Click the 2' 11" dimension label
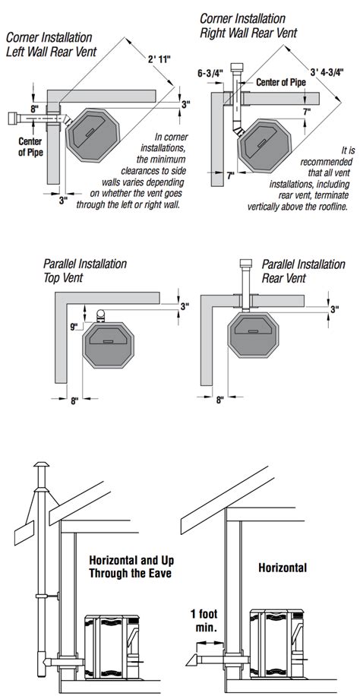coord(159,59)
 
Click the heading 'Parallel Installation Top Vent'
coord(85,270)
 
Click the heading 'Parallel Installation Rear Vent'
coord(303,271)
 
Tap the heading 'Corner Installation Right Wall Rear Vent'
coord(248,26)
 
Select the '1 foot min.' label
coord(204,621)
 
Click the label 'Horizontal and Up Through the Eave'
coord(130,566)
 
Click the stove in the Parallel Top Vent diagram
coord(107,344)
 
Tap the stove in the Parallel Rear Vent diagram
coord(253,334)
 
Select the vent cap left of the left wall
coord(14,119)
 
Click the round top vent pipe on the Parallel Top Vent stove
coord(101,315)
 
